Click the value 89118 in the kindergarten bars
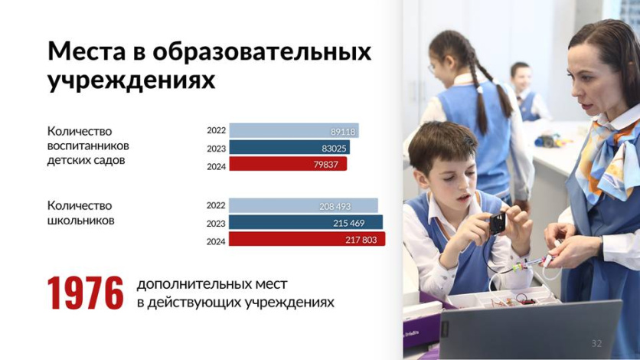coord(343,132)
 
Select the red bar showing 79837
coord(288,164)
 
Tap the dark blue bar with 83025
coord(289,147)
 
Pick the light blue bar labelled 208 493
coord(303,206)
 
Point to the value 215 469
coord(349,223)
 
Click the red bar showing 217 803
coord(307,239)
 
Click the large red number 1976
coord(85,293)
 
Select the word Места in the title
coord(86,52)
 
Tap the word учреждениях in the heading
coord(131,80)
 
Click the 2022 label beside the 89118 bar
coord(216,130)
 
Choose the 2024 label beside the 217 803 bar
coord(216,241)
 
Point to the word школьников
coord(81,221)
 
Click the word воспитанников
coord(88,146)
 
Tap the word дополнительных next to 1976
coord(212,284)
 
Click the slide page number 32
coord(596,343)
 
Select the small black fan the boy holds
coord(497,224)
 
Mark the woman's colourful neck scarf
coord(608,159)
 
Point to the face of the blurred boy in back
coord(521,78)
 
